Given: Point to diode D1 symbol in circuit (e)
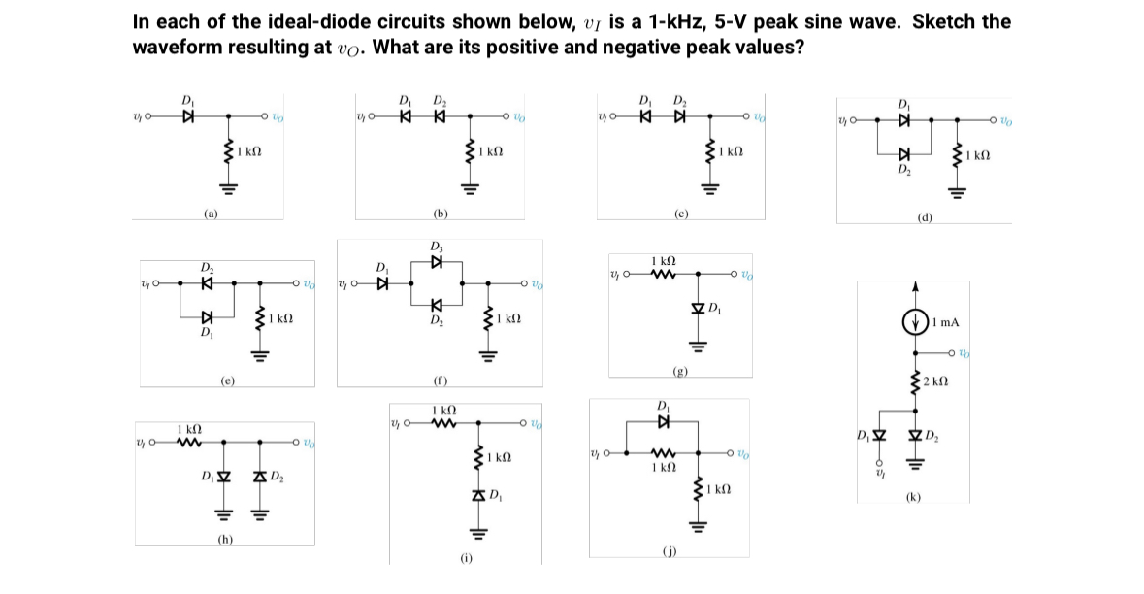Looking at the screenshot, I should [x=206, y=316].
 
